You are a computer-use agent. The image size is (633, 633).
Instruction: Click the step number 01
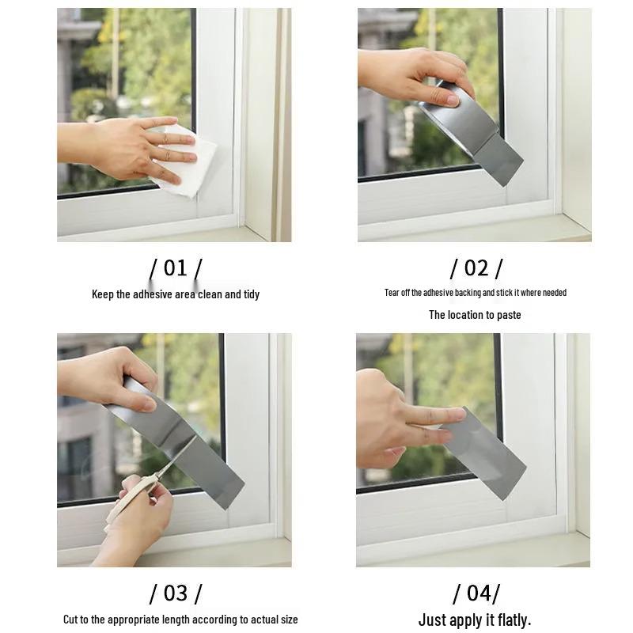175,268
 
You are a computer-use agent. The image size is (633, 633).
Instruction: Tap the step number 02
476,268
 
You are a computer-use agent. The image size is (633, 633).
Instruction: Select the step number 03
175,593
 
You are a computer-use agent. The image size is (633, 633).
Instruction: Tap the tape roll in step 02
459,119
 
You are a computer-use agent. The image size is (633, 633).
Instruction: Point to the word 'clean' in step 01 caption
203,294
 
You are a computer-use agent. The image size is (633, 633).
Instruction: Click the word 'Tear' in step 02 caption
392,293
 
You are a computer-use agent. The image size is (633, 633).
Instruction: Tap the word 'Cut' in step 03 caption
70,620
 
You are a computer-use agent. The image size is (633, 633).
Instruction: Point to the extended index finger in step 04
435,414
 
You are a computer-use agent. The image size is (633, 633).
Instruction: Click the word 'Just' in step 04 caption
432,620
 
